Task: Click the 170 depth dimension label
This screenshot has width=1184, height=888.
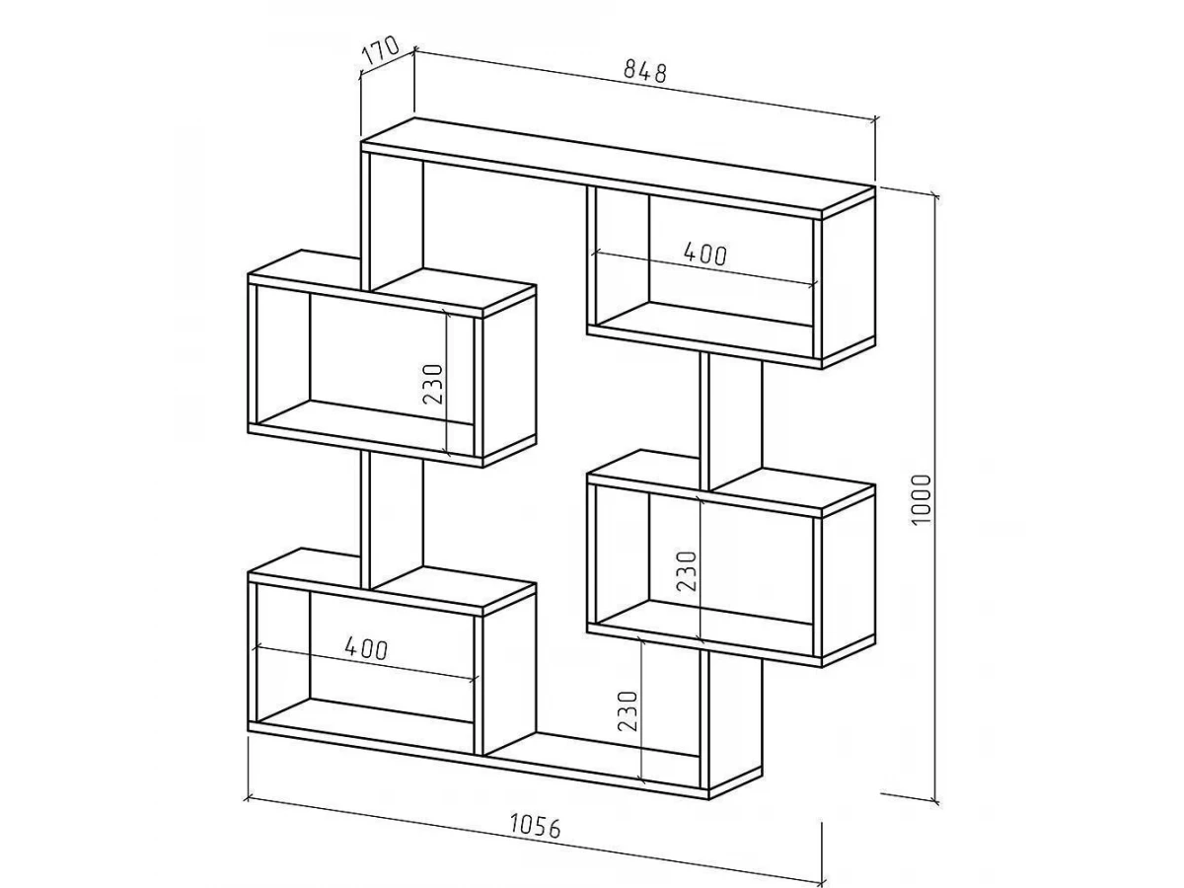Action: [382, 50]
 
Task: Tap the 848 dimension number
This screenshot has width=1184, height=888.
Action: [645, 72]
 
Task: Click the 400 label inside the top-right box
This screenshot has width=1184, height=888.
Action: [705, 254]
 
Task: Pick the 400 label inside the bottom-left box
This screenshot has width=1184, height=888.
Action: [366, 648]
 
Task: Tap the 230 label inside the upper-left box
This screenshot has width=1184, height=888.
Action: [432, 384]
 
